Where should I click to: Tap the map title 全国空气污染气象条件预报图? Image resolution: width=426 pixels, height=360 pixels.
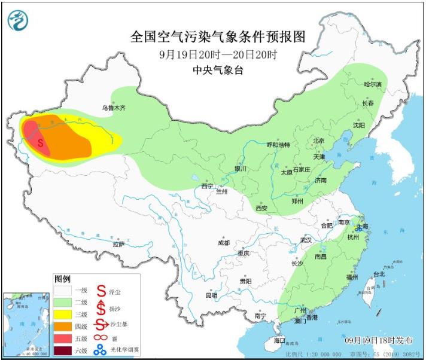pos(218,37)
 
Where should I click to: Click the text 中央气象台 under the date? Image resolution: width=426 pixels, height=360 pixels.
pos(218,70)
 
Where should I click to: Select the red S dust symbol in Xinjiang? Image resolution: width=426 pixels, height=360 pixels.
pos(40,144)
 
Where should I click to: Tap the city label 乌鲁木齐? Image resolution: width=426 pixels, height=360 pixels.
pos(114,108)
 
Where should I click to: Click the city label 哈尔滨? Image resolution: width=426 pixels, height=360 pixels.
pos(372,85)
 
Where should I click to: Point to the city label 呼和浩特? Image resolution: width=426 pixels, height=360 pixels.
pos(278,145)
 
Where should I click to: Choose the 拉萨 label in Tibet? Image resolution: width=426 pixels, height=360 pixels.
pos(118,243)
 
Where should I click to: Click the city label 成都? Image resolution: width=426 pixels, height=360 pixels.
pos(223,243)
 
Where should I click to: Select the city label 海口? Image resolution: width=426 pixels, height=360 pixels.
pos(279,340)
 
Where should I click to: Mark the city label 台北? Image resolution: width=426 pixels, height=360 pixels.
pos(379,274)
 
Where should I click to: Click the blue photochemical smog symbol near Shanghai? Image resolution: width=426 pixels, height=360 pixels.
pos(358,227)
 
